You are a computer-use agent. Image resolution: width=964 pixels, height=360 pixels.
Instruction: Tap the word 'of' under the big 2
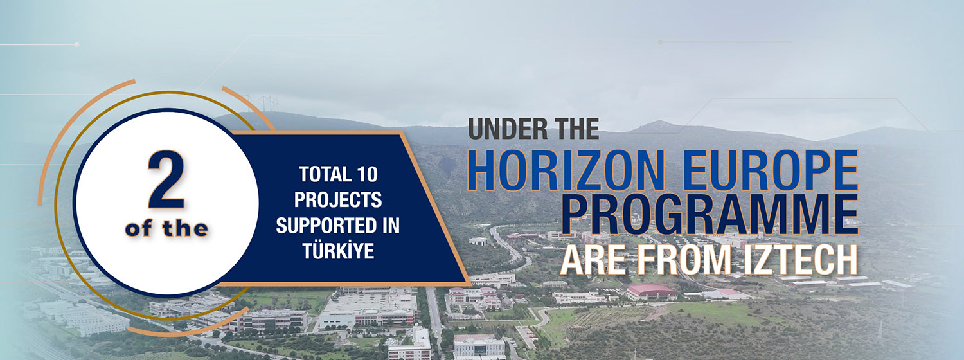[138, 229]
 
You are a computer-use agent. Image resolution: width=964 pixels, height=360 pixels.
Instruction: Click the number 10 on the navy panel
[367, 174]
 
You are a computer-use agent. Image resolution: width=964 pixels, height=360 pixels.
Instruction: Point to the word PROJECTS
[338, 200]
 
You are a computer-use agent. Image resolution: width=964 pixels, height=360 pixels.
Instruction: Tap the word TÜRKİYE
[338, 251]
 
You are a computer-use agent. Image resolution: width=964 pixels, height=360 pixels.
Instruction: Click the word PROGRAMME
[709, 214]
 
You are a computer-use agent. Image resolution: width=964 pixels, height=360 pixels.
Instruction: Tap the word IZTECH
[800, 259]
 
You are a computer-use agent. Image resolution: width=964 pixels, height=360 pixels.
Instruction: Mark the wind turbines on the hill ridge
[262, 104]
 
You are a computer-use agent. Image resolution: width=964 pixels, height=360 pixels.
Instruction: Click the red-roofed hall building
[650, 291]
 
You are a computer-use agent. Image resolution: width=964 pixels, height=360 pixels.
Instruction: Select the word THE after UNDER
[573, 129]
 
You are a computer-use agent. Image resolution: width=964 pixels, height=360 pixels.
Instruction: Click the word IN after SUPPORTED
[389, 225]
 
